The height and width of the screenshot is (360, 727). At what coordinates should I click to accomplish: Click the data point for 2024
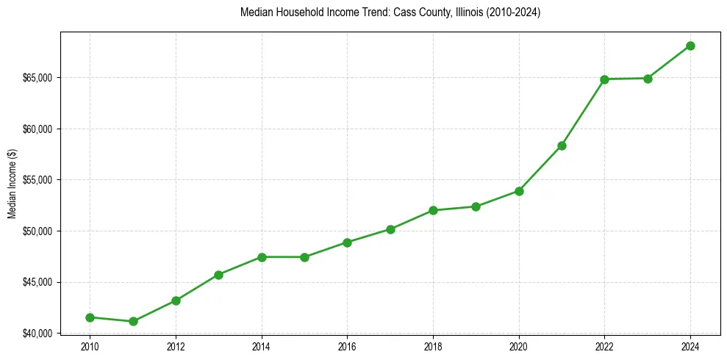pos(690,46)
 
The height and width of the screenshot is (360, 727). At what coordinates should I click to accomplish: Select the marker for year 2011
pos(133,321)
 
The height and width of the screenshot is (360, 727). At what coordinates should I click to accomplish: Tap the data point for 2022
pos(604,79)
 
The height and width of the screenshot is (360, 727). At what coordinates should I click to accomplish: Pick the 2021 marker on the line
pos(562,145)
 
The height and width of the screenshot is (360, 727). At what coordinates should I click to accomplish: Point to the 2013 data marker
pos(218,275)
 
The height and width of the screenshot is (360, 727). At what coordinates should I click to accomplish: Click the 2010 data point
pos(90,317)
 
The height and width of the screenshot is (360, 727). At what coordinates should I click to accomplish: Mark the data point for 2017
pos(390,229)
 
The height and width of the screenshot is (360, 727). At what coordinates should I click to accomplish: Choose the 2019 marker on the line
pos(476,206)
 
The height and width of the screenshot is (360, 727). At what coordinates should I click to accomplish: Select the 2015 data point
pos(304,257)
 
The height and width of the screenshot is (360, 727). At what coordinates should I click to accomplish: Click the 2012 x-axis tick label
pos(176,346)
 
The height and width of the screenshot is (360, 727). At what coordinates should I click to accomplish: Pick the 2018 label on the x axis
pos(433,346)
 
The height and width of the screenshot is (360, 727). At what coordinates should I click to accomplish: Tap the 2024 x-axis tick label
pos(690,346)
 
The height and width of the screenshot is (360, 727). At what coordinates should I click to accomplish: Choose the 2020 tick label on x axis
pos(519,346)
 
